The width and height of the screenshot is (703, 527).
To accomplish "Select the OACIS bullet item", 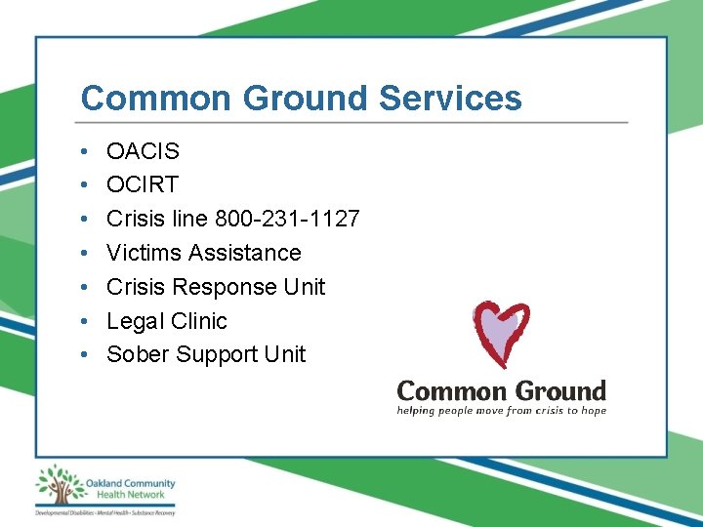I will [143, 151].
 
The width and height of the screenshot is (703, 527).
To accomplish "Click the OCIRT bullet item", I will [143, 185].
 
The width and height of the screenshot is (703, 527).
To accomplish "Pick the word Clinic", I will [198, 321].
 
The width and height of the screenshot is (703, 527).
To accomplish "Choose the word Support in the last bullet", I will [217, 354].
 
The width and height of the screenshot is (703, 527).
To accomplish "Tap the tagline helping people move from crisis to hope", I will [501, 411].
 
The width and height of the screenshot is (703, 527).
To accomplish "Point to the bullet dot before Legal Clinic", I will [86, 321].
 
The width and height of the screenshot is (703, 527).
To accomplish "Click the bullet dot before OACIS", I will [86, 151].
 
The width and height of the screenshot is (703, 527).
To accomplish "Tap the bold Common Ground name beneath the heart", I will [501, 391].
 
